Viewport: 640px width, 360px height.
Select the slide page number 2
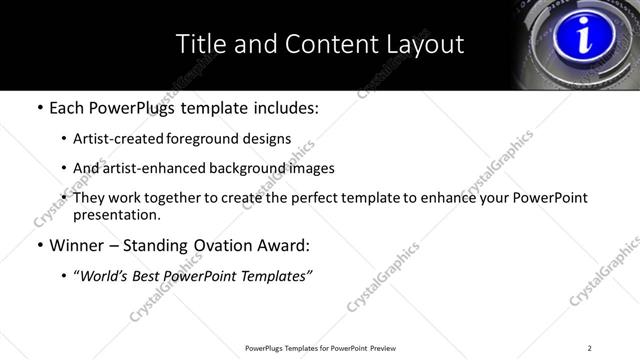[589, 348]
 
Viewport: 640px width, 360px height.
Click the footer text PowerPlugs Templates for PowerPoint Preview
[320, 348]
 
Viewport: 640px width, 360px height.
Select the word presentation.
[115, 214]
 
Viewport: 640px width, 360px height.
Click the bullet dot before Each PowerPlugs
[39, 109]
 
